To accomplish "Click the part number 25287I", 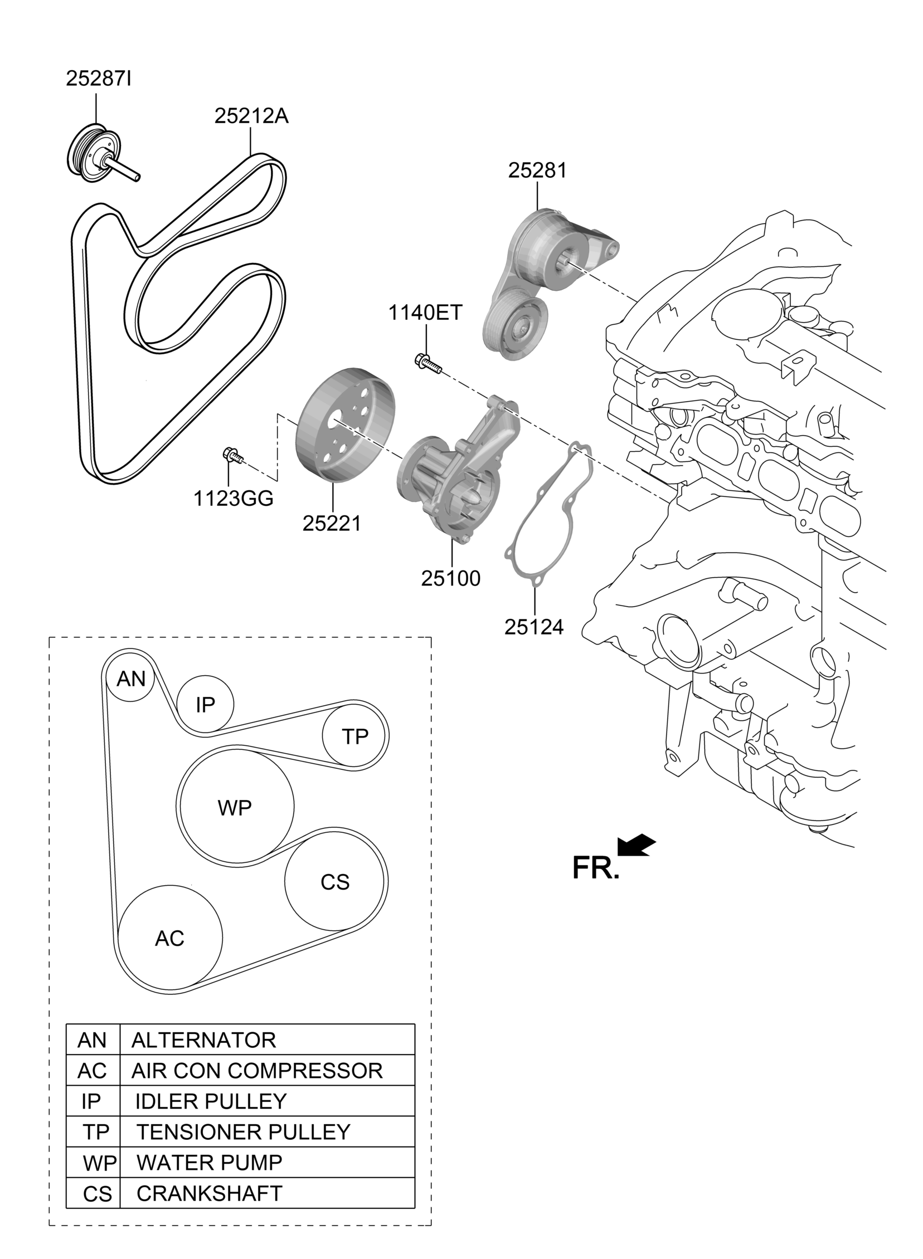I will pyautogui.click(x=98, y=79).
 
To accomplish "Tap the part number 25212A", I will pyautogui.click(x=251, y=116).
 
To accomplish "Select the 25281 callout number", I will pyautogui.click(x=537, y=171).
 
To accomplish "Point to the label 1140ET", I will pyautogui.click(x=425, y=313).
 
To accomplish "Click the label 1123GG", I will pyautogui.click(x=233, y=499).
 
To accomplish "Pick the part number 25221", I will pyautogui.click(x=332, y=524).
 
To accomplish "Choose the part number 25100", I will pyautogui.click(x=450, y=578).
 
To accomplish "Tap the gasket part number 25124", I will pyautogui.click(x=533, y=627).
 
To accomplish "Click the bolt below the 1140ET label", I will pyautogui.click(x=428, y=363).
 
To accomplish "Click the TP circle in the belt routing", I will pyautogui.click(x=355, y=736).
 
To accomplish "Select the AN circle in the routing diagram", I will pyautogui.click(x=131, y=679).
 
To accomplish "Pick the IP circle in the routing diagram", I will pyautogui.click(x=205, y=705).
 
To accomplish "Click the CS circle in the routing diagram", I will pyautogui.click(x=334, y=882).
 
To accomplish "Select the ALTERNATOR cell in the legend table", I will pyautogui.click(x=203, y=1040).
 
